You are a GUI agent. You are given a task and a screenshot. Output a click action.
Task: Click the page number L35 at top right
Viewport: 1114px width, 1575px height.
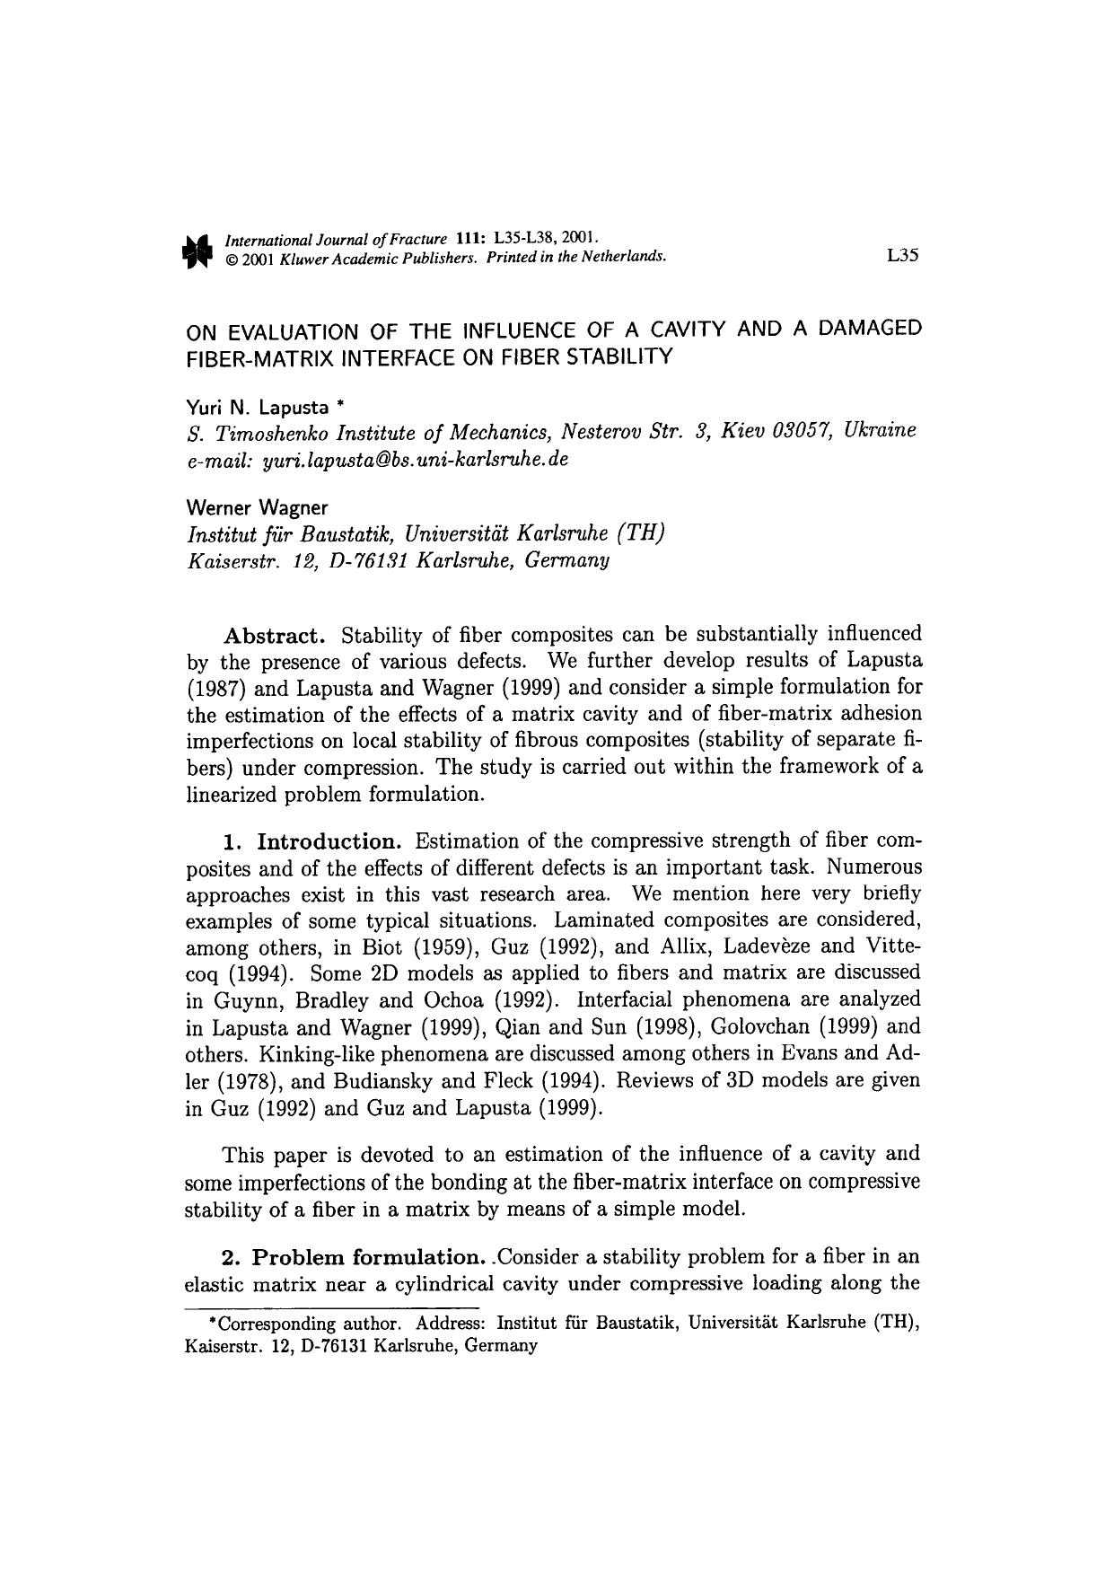coord(901,256)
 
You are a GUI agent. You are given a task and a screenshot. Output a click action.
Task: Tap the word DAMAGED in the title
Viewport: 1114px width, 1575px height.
coord(870,329)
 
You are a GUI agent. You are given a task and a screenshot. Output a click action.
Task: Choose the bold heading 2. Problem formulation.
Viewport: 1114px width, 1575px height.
coord(354,1256)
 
